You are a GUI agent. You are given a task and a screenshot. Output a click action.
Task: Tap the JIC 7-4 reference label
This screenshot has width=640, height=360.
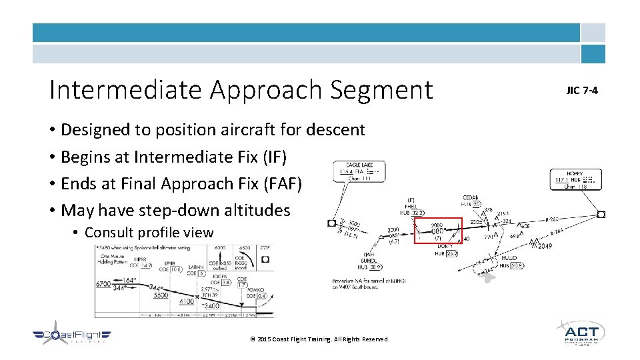coord(582,90)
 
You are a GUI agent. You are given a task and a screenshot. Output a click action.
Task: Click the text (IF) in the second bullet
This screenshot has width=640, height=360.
coord(275,157)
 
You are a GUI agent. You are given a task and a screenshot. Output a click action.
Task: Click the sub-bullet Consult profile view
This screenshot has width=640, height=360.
coord(149,233)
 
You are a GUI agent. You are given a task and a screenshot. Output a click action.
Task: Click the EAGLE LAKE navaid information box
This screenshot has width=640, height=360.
coord(360,171)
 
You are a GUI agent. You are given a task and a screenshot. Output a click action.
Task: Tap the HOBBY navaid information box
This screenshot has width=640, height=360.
coord(575,179)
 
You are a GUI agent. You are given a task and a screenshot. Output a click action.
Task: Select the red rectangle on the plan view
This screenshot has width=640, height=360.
coord(438,231)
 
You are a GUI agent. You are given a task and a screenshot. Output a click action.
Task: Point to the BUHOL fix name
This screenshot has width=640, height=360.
coord(369,261)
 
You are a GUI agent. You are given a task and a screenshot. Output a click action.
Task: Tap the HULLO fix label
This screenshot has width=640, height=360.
coord(509,258)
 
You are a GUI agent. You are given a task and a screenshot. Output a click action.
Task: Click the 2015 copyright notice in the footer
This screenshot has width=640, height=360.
coord(319,339)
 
